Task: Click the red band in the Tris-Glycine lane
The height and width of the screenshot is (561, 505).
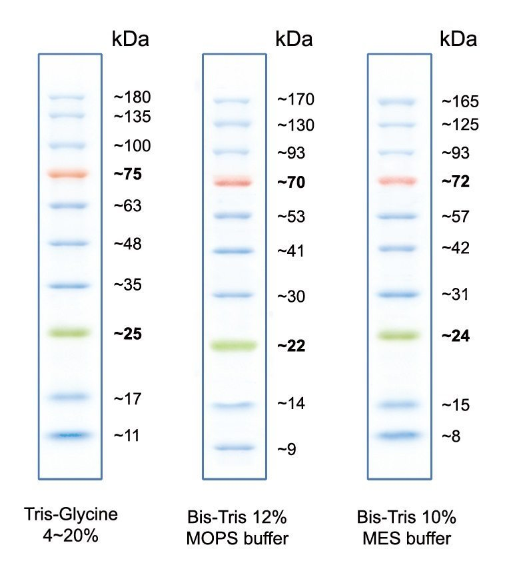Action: point(68,174)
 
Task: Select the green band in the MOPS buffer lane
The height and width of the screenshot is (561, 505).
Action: point(233,345)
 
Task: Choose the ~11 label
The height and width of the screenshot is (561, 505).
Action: point(127,436)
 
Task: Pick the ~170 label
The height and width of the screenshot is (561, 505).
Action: point(295,101)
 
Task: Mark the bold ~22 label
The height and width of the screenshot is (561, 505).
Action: point(291,346)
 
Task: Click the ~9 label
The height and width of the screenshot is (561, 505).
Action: point(287,450)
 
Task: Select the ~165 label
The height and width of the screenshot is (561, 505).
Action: point(460,102)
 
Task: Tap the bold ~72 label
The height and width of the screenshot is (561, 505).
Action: point(456,182)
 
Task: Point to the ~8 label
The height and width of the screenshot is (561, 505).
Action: point(452,436)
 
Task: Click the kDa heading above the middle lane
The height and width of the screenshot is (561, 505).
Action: point(294,39)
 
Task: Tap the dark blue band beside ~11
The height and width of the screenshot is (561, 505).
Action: point(68,436)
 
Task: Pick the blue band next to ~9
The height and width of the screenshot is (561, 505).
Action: point(233,448)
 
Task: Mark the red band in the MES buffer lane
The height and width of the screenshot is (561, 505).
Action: point(397,181)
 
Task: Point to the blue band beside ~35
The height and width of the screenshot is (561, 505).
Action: point(68,286)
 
